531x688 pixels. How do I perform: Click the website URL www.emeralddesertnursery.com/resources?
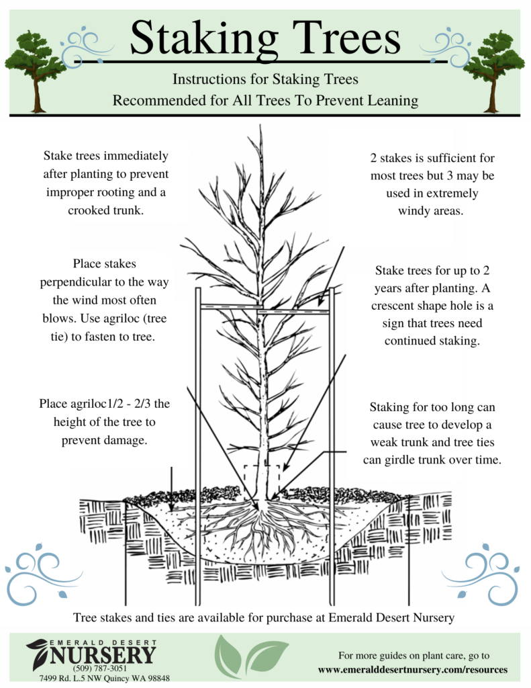click(412, 670)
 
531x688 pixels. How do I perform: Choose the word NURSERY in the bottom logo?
click(103, 655)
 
